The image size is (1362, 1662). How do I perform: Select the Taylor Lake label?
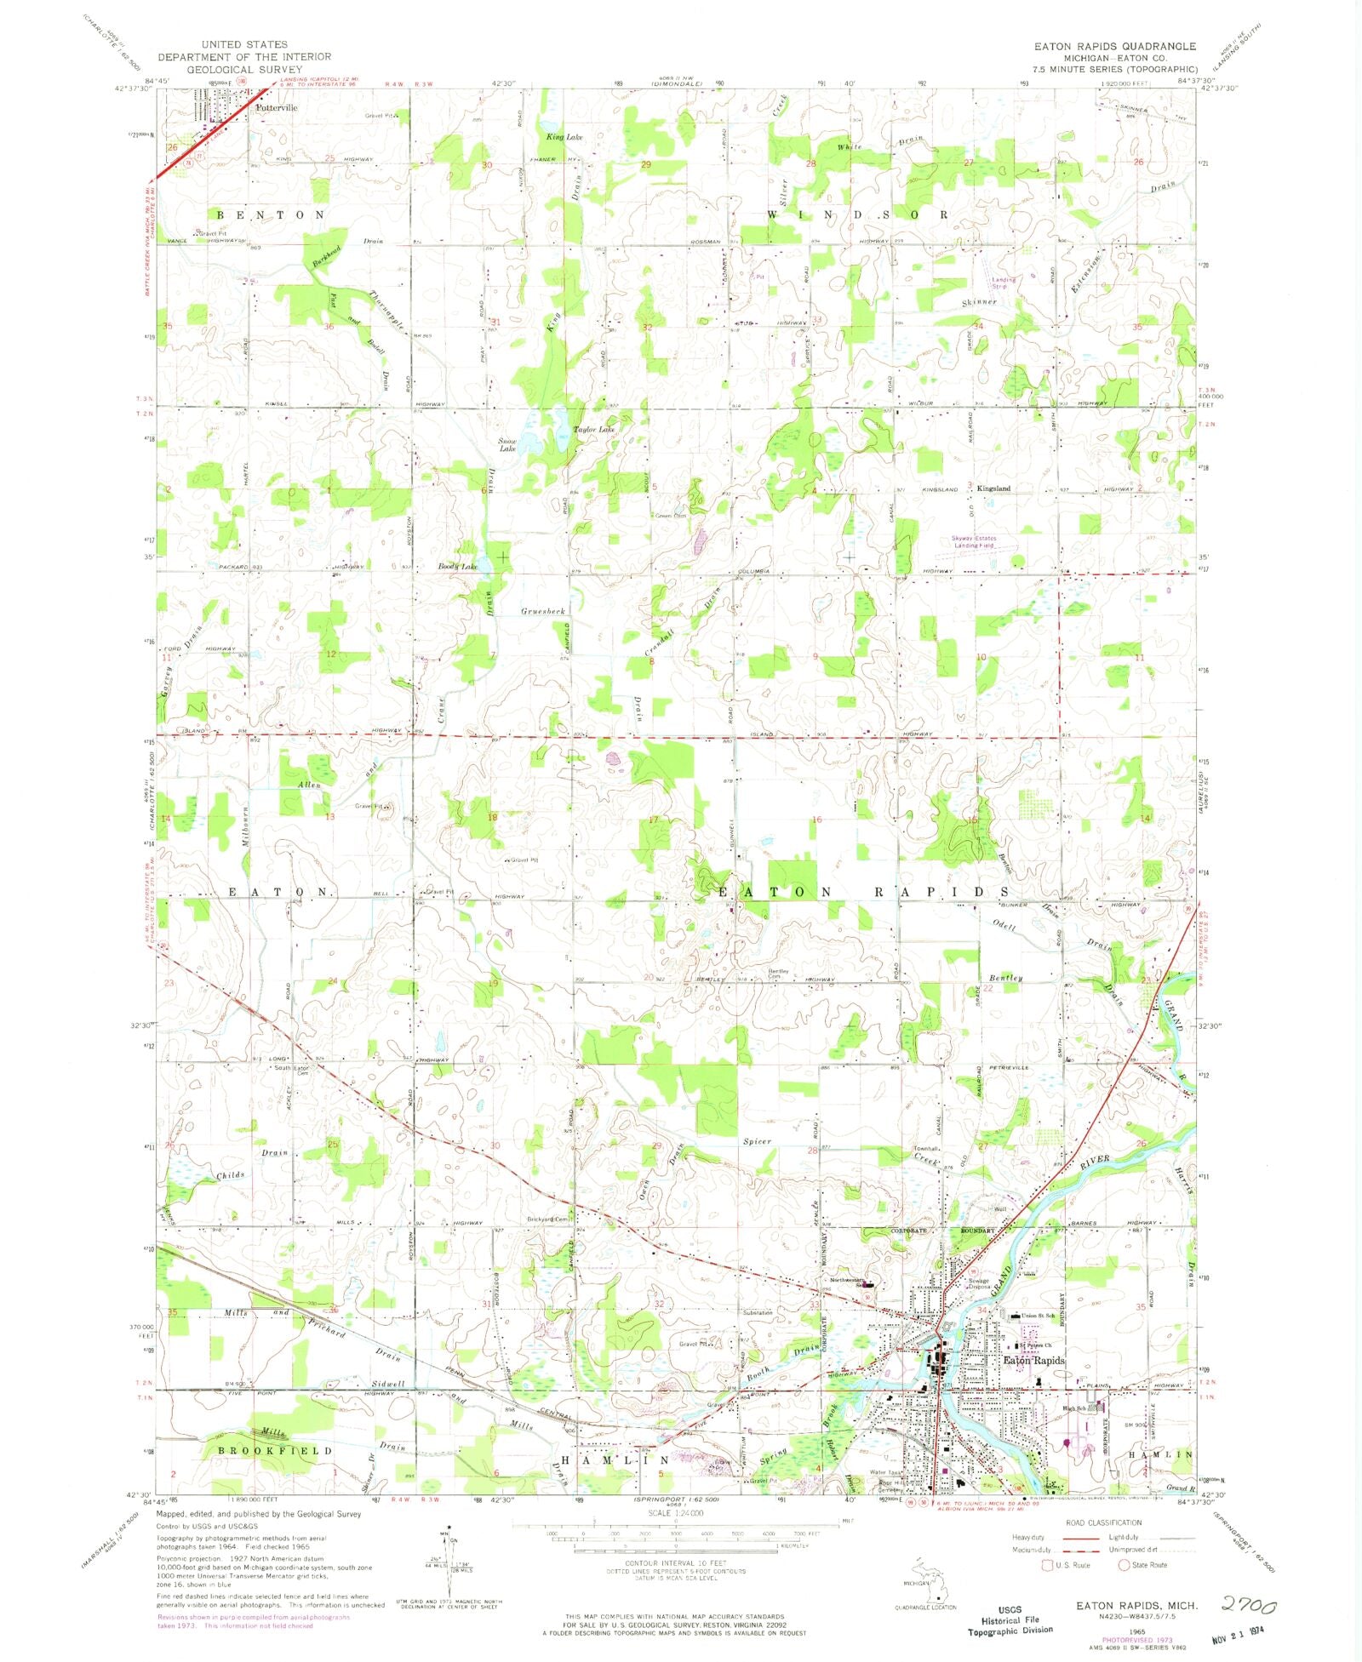point(593,430)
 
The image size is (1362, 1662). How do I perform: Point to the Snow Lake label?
point(507,444)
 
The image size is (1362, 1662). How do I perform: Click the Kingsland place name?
point(993,488)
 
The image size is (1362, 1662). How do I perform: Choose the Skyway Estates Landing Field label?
point(974,542)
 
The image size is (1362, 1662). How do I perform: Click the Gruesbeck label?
point(543,611)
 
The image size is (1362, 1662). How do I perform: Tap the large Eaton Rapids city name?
point(1033,1360)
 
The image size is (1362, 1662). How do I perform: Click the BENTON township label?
point(270,215)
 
